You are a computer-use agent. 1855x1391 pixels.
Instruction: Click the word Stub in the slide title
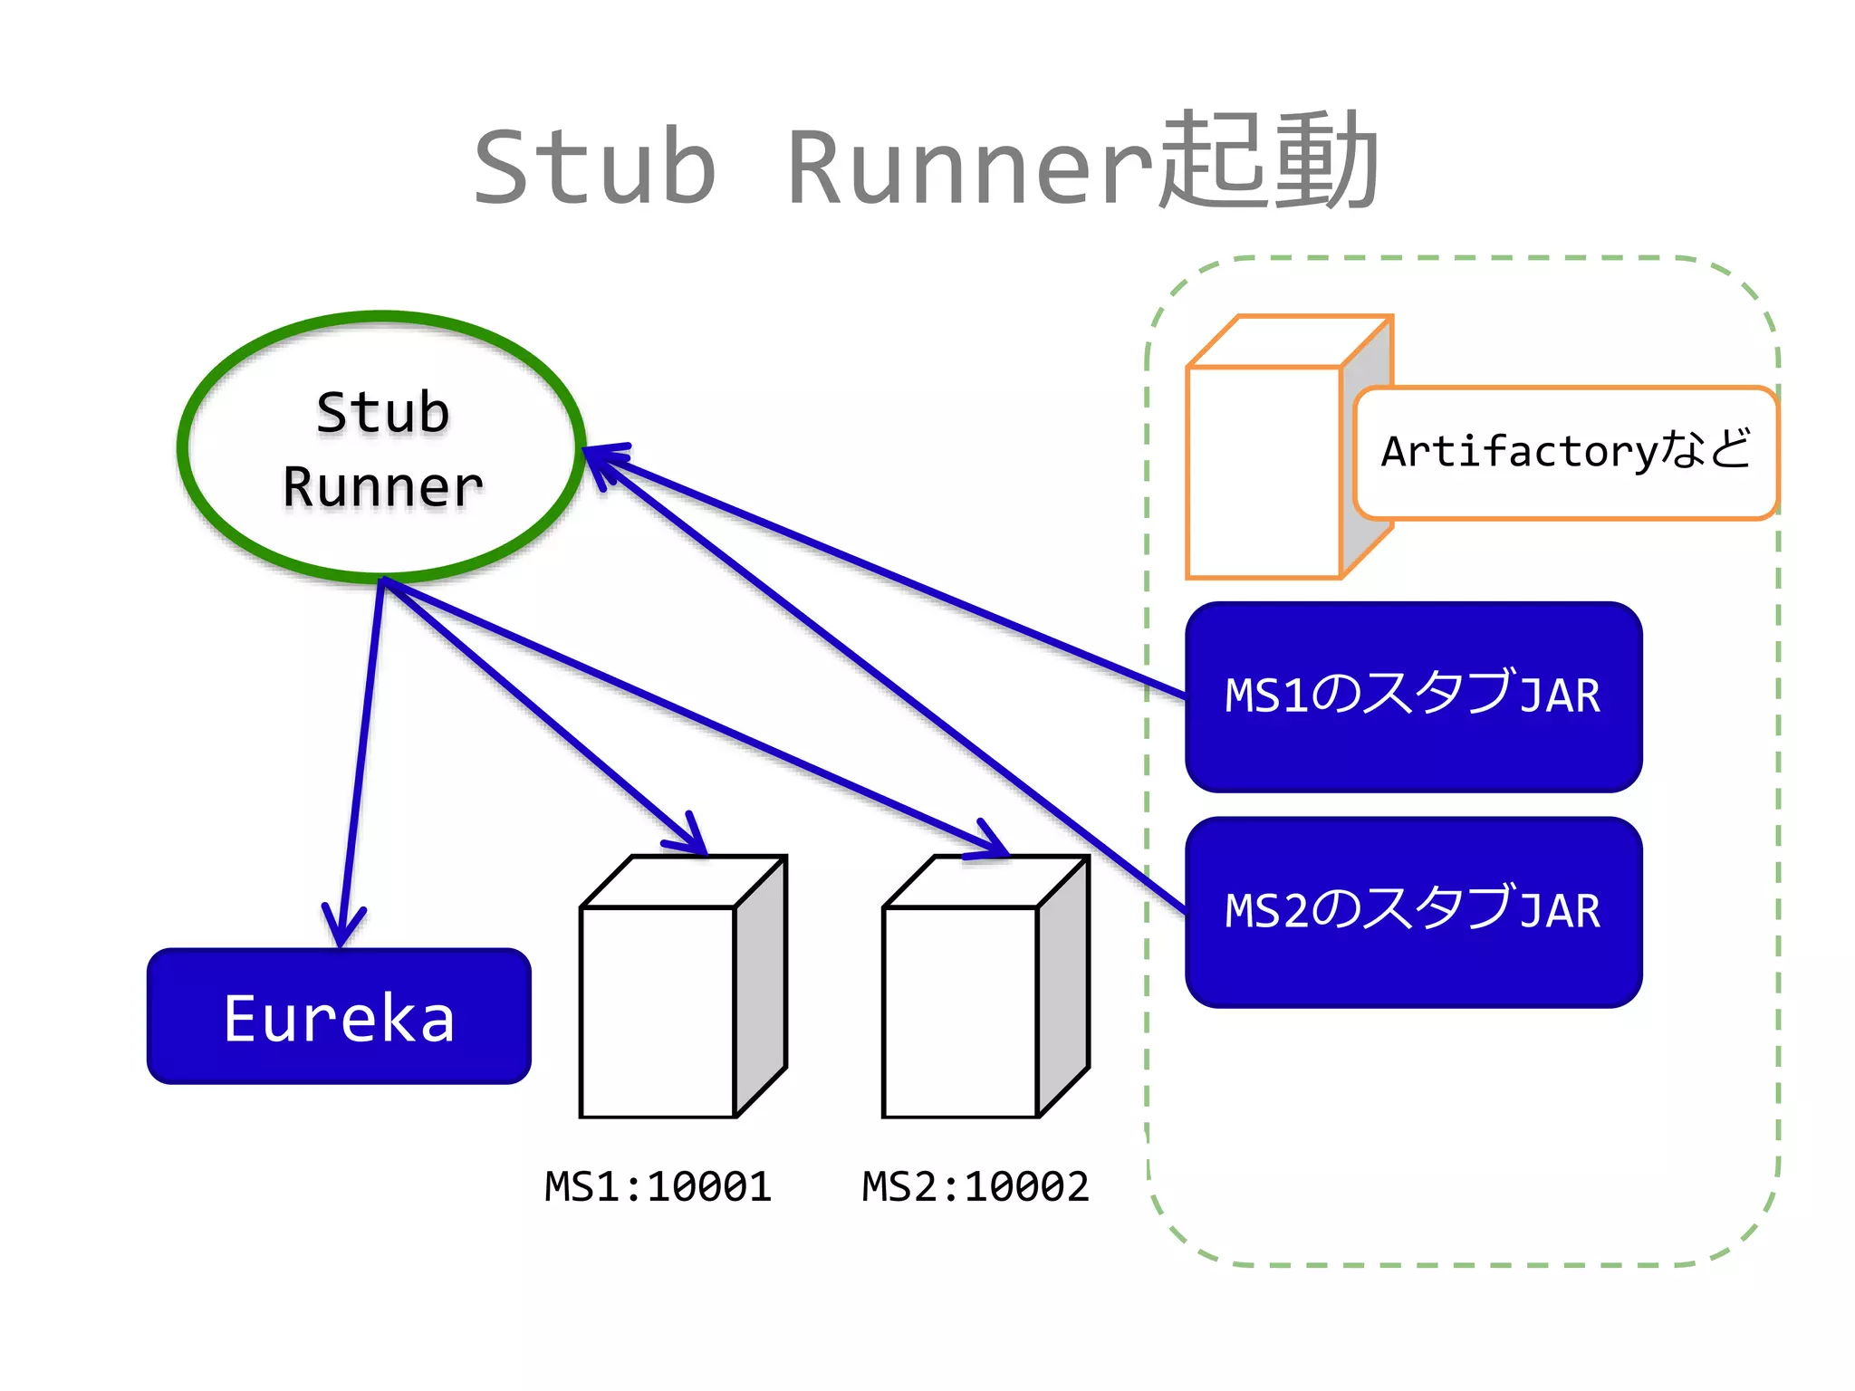coord(595,168)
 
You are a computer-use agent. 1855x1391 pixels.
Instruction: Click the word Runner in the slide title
coord(969,168)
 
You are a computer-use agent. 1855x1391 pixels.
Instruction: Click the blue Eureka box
coord(339,1016)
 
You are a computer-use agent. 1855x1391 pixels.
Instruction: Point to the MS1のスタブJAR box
coord(1413,695)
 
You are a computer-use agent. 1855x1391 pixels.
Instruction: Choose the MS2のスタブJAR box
coord(1413,911)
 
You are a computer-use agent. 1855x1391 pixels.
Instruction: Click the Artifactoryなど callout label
coord(1565,452)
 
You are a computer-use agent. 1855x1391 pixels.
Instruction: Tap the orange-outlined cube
coord(1264,471)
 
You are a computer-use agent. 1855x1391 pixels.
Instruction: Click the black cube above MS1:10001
coord(658,1010)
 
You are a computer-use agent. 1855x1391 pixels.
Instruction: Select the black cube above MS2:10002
coord(960,1010)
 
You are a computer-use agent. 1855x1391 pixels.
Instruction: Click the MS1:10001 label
coord(658,1186)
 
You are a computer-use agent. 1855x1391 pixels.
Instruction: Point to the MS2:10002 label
coord(976,1186)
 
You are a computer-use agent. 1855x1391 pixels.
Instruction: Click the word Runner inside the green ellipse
coord(382,487)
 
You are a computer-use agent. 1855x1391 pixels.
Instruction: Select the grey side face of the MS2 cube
coord(1063,987)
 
